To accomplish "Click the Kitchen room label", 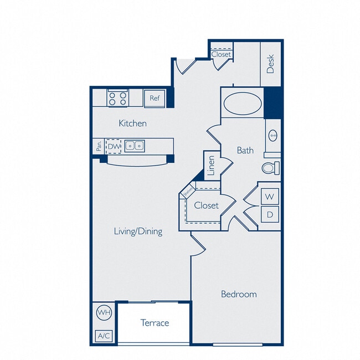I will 133,123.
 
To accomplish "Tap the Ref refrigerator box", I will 155,99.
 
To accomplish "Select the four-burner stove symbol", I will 117,99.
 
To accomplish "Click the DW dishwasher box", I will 114,146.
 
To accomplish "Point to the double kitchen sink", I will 134,146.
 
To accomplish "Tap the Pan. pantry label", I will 99,146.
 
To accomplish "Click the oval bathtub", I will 243,104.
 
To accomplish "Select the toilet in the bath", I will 270,167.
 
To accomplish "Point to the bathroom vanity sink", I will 272,135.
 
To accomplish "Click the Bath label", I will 245,150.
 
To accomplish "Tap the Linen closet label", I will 211,166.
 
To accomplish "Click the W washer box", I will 269,196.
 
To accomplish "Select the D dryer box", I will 269,214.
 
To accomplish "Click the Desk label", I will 271,64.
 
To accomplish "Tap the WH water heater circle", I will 104,313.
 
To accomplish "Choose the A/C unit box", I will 103,336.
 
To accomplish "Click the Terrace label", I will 155,322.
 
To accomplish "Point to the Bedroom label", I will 239,294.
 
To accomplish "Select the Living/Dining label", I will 138,231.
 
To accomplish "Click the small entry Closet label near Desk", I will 221,54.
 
